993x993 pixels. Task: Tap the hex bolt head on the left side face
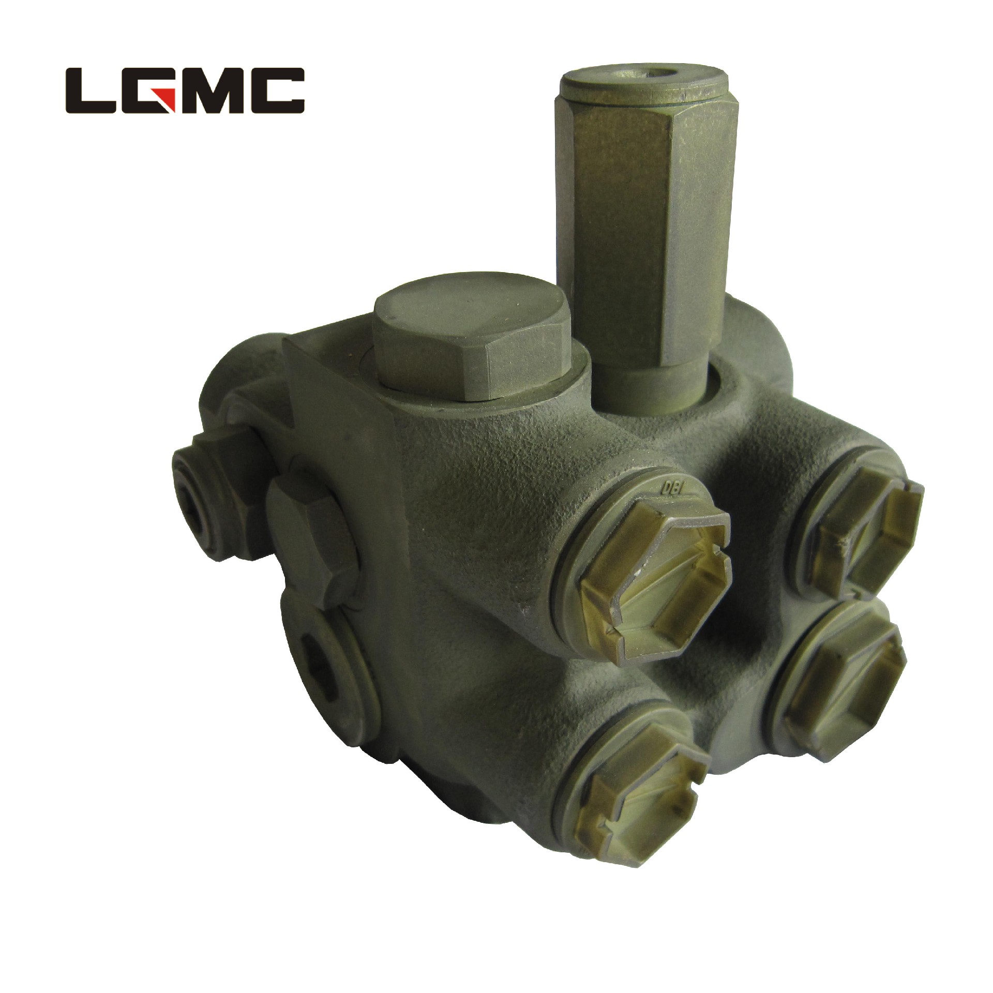click(x=310, y=528)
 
